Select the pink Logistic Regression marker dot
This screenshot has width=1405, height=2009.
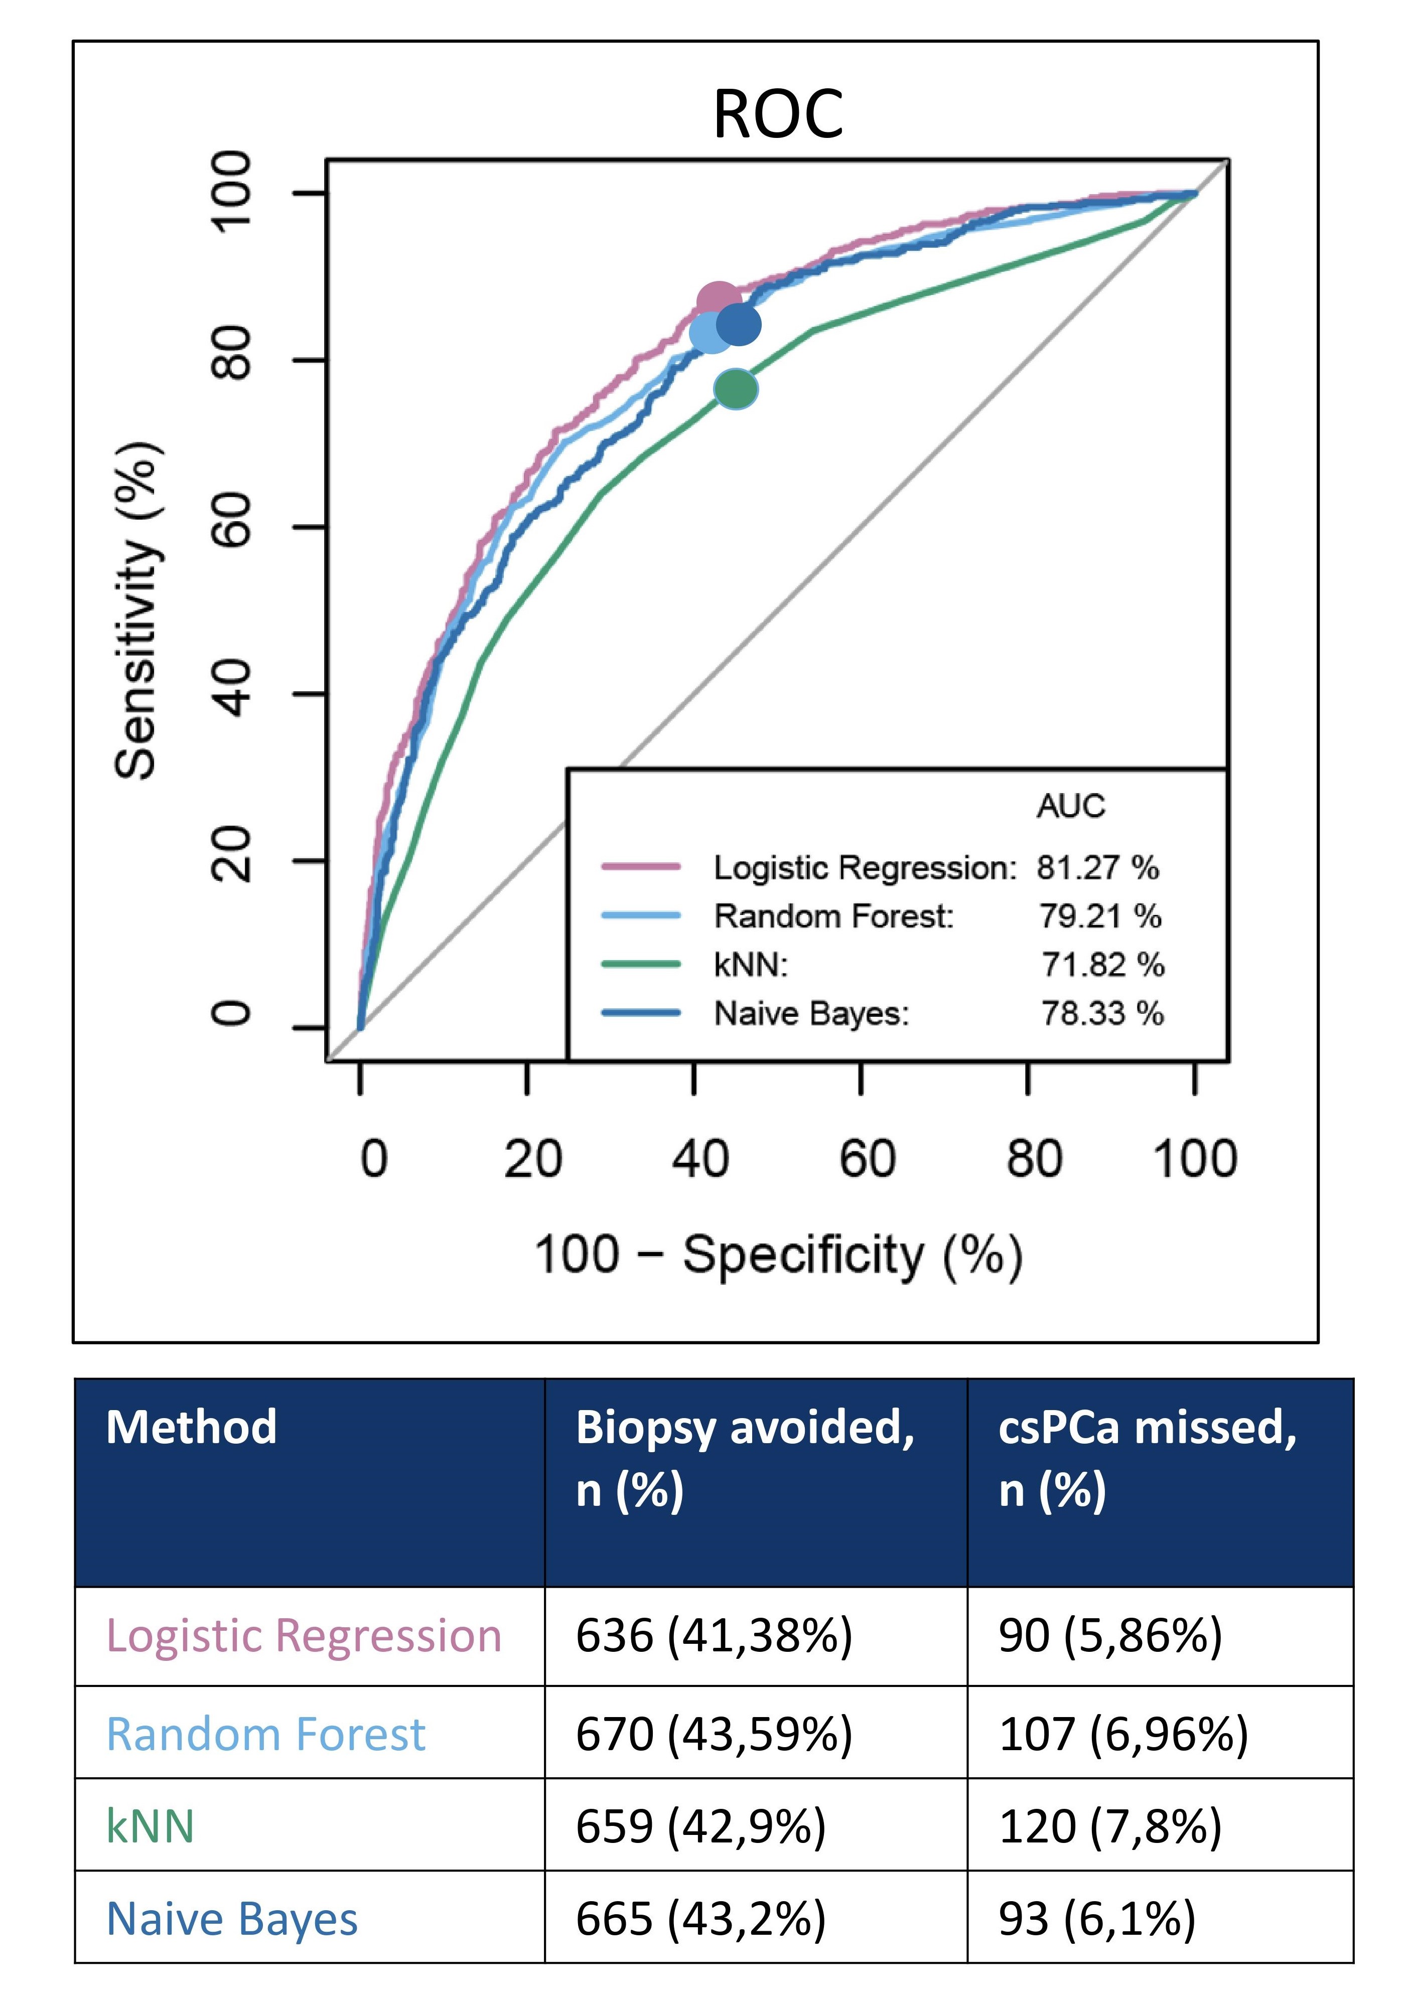click(x=717, y=300)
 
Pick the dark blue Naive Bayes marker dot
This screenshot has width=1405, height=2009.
click(x=739, y=325)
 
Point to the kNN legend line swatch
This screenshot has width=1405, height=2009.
click(x=641, y=964)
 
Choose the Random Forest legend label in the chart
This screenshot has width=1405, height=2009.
click(x=833, y=916)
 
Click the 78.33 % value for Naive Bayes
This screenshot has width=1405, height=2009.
click(x=1102, y=1013)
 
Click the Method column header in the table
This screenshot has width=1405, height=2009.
click(x=192, y=1427)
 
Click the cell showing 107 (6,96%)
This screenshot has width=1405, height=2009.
click(x=1122, y=1734)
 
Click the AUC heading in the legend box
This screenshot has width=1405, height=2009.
click(x=1071, y=805)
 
